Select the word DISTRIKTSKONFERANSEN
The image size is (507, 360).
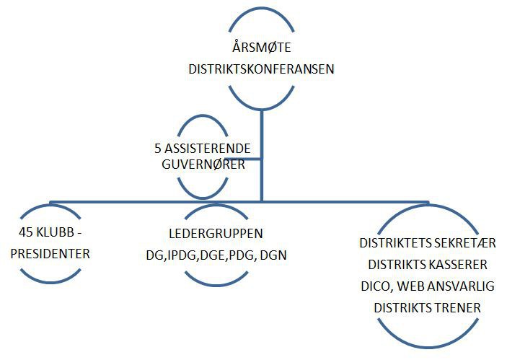[261, 70]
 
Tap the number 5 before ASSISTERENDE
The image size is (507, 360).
[158, 149]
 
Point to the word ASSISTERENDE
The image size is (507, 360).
[207, 149]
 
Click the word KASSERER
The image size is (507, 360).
[465, 264]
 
